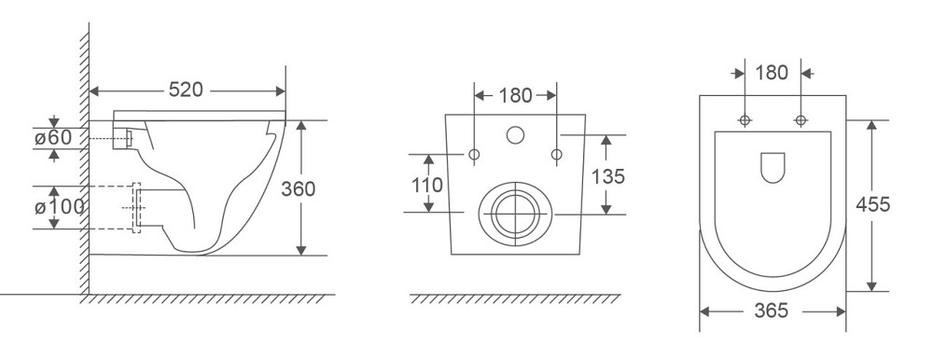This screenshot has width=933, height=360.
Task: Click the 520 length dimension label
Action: [x=188, y=90]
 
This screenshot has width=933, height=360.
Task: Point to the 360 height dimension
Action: [x=299, y=187]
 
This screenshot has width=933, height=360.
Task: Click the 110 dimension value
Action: [x=427, y=185]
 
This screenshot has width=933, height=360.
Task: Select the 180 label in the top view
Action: [x=772, y=72]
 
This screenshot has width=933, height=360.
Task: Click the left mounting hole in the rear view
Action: [x=475, y=154]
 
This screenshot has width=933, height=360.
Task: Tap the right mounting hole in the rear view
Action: [x=556, y=154]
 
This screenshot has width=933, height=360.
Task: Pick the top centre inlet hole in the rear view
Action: [x=515, y=135]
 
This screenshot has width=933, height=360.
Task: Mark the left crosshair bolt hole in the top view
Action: [x=745, y=120]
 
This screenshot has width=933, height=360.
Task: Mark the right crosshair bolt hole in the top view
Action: [x=800, y=120]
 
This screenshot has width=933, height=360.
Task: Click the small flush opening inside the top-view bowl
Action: [x=773, y=167]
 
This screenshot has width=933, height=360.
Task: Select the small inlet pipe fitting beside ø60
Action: [x=122, y=139]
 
